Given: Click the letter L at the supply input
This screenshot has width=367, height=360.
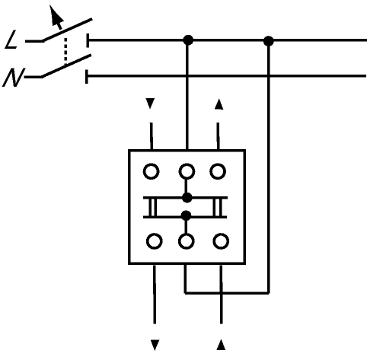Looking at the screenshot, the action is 11,40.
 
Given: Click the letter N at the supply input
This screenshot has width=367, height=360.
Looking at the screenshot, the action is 13,78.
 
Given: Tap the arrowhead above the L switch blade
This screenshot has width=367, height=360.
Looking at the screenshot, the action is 56,16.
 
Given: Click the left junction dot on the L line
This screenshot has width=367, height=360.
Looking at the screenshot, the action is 188,40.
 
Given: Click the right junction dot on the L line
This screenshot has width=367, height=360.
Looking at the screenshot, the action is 269,41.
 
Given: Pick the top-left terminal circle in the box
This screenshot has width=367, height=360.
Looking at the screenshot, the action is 152,171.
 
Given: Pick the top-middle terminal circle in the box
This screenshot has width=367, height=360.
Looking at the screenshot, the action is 187,171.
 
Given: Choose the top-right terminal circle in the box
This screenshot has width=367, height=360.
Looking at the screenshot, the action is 218,171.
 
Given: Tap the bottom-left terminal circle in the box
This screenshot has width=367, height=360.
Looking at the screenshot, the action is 155,241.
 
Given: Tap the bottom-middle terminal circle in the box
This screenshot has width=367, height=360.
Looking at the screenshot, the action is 187,241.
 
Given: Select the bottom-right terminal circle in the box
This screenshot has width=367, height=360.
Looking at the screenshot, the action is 221,241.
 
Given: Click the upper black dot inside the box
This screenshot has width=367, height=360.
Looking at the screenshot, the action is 187,198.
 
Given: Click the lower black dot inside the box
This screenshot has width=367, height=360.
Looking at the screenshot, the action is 186,215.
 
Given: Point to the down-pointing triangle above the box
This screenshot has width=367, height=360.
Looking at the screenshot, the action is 150,104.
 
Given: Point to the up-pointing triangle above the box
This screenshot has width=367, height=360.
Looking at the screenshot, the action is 219,104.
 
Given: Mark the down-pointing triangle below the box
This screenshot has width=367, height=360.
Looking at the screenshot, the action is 155,345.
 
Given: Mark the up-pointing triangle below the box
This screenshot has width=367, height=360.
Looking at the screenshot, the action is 221,345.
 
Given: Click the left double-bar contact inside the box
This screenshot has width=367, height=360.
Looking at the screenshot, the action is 152,207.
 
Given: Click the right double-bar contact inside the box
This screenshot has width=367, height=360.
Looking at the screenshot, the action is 218,207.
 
